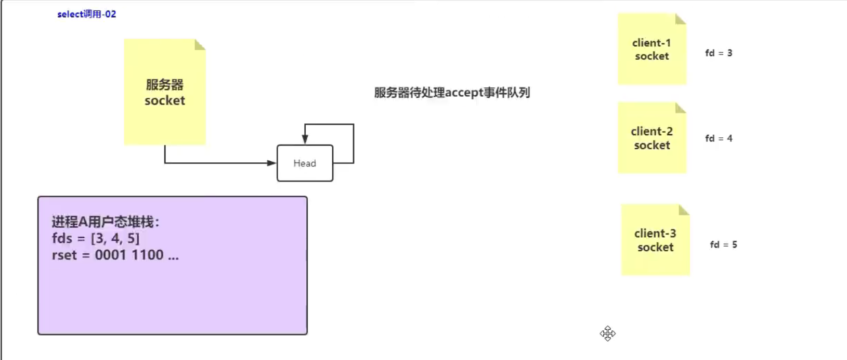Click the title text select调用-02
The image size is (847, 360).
[x=87, y=14]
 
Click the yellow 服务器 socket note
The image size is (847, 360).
[x=164, y=92]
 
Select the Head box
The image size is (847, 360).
[x=305, y=163]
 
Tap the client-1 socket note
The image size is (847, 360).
[x=651, y=49]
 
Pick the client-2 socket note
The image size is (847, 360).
[x=651, y=138]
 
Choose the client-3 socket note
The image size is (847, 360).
[x=655, y=240]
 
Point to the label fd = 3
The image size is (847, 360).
[x=719, y=53]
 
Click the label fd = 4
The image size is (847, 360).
[x=719, y=138]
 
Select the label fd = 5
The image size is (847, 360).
[x=723, y=245]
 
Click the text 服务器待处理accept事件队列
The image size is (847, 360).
[x=452, y=93]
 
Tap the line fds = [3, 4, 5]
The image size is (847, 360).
[x=96, y=238]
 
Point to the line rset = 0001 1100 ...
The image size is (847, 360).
[x=115, y=255]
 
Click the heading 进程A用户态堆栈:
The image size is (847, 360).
[x=105, y=222]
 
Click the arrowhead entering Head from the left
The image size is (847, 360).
[x=272, y=163]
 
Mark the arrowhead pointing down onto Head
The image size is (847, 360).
[x=305, y=139]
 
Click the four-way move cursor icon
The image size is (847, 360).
[x=607, y=333]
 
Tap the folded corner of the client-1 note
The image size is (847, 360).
[x=681, y=19]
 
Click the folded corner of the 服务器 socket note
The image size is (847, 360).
[x=200, y=45]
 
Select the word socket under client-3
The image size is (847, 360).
[x=655, y=247]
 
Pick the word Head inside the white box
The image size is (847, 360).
[x=305, y=163]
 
